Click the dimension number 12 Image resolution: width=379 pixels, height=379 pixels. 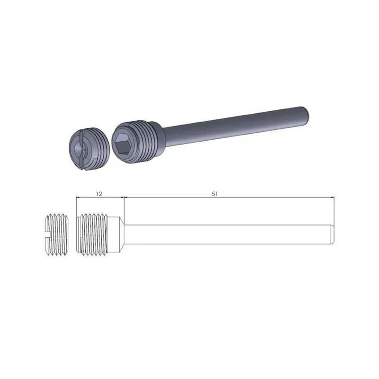pyautogui.click(x=99, y=194)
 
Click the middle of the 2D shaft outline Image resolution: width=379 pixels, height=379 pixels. pyautogui.click(x=227, y=234)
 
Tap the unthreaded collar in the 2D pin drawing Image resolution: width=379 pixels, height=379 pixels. pyautogui.click(x=114, y=234)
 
